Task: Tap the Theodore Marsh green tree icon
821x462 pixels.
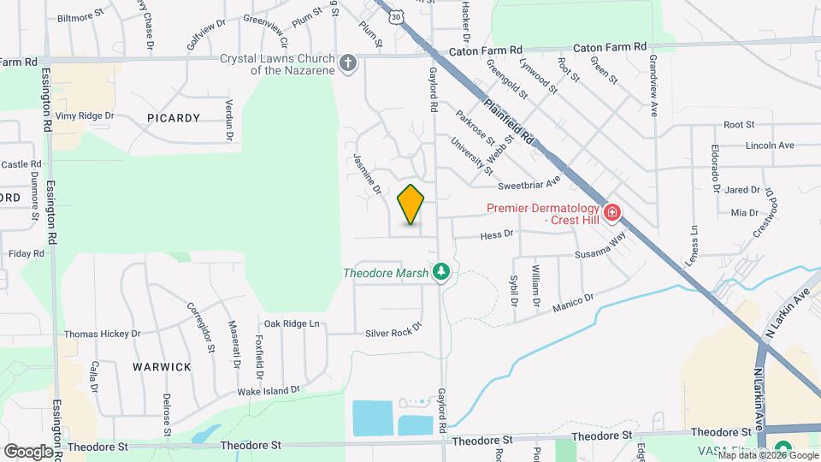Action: pyautogui.click(x=441, y=272)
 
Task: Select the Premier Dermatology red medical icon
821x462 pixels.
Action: pyautogui.click(x=611, y=212)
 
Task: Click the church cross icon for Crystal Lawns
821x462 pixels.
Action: pyautogui.click(x=348, y=62)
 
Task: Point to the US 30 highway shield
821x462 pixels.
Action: pyautogui.click(x=394, y=16)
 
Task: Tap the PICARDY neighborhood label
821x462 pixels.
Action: pyautogui.click(x=173, y=118)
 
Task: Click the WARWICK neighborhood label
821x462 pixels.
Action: pyautogui.click(x=162, y=366)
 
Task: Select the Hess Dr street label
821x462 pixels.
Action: pyautogui.click(x=496, y=233)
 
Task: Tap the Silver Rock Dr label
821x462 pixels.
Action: pyautogui.click(x=393, y=331)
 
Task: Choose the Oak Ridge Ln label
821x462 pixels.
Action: pyautogui.click(x=291, y=323)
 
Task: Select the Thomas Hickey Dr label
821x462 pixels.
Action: pyautogui.click(x=102, y=334)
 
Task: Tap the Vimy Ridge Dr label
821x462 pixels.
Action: pyautogui.click(x=85, y=115)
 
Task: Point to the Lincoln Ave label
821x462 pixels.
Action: pyautogui.click(x=770, y=145)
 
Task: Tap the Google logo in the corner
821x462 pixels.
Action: pyautogui.click(x=28, y=451)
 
